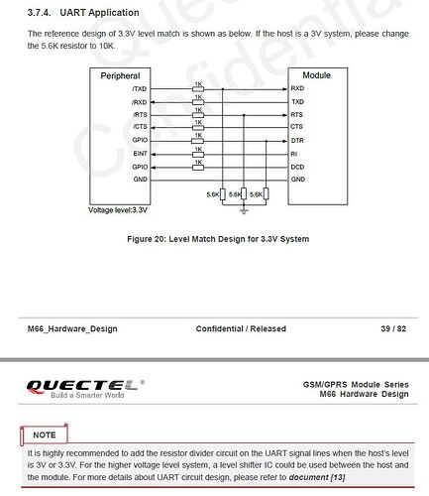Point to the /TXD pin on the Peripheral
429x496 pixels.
[x=139, y=88]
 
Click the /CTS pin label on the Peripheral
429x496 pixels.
[x=139, y=127]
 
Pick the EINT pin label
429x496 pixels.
[x=140, y=153]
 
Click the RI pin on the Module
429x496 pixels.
[x=294, y=153]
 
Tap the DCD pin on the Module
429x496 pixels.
[x=298, y=166]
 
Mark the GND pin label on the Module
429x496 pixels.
[x=298, y=179]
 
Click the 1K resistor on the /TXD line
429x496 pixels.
[x=198, y=89]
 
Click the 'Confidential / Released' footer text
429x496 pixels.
[x=241, y=328]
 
